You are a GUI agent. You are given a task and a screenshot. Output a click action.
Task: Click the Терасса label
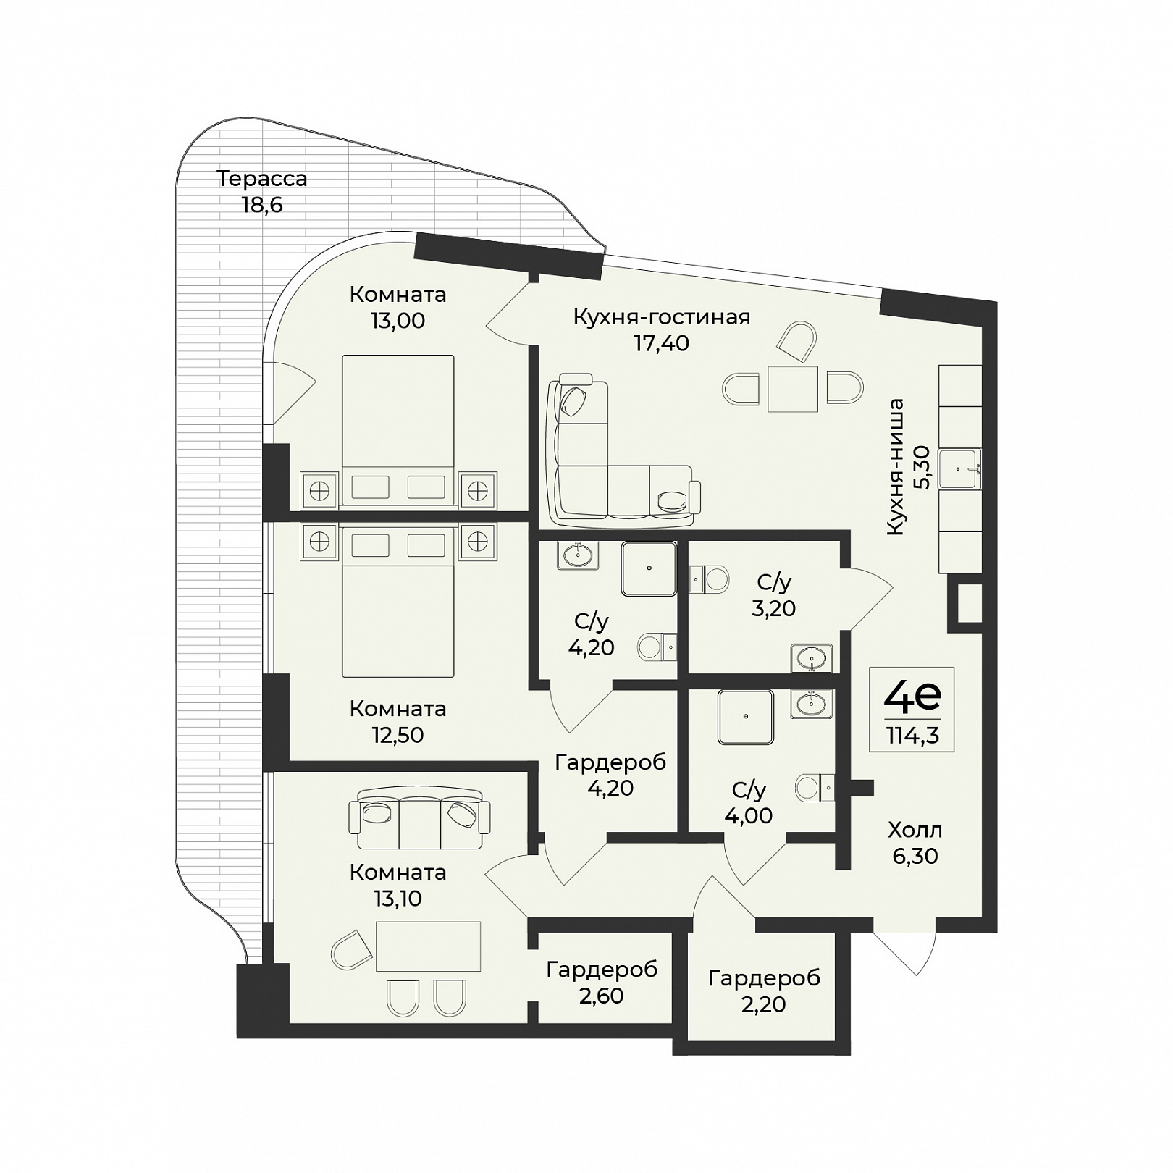(x=262, y=178)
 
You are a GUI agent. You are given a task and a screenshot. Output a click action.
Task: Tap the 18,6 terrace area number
(x=262, y=205)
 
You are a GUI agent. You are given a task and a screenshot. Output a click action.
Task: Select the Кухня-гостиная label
(x=662, y=317)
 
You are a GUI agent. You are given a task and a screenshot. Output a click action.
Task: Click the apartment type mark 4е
(x=912, y=697)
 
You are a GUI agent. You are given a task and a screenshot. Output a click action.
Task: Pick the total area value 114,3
(x=912, y=736)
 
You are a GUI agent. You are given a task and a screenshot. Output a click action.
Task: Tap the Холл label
(x=915, y=830)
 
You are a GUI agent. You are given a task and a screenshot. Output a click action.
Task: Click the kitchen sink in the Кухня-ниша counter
(x=960, y=468)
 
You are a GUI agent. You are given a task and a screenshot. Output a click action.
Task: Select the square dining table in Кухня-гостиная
(x=793, y=389)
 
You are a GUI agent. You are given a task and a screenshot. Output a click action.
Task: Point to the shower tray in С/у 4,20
(x=649, y=569)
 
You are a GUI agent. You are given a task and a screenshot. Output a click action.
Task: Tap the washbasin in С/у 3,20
(x=812, y=658)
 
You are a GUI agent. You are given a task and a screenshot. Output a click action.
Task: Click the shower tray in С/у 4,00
(x=746, y=717)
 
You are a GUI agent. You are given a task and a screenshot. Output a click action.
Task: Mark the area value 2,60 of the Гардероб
(x=602, y=996)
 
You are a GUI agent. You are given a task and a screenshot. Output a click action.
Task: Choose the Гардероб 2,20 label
(x=765, y=991)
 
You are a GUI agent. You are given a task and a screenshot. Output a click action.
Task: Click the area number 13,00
(x=398, y=320)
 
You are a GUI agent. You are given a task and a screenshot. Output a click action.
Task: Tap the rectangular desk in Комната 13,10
(x=429, y=946)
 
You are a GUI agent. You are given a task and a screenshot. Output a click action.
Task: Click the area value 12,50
(x=398, y=735)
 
